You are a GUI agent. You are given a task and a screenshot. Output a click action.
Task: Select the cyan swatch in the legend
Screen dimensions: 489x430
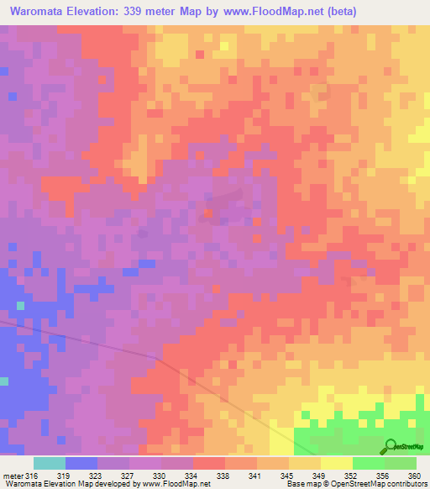pos(49,463)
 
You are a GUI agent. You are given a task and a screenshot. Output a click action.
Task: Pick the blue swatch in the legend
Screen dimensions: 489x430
pos(81,463)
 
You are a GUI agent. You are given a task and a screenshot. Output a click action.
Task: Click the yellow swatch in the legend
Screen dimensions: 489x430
pos(336,463)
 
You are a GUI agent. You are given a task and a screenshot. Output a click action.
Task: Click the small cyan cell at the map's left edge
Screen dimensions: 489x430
pos(3,381)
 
